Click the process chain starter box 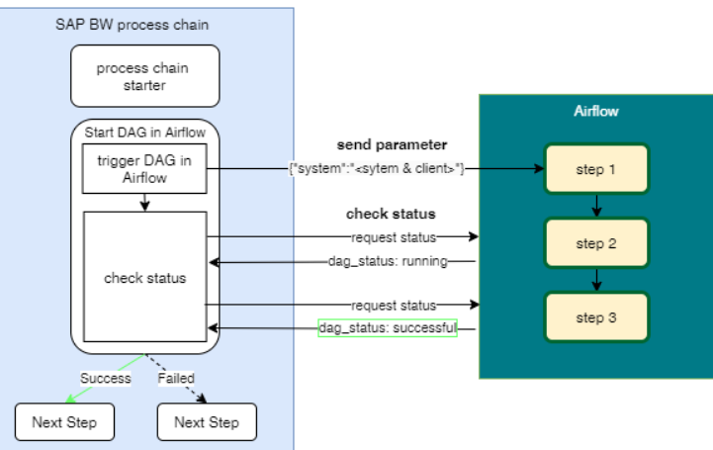point(144,76)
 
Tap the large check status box point(144,278)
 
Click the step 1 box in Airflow point(595,169)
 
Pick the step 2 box point(595,243)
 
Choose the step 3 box point(595,316)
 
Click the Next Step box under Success point(64,422)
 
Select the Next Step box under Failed point(206,422)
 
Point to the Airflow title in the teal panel point(595,112)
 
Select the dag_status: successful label point(388,327)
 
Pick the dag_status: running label point(388,262)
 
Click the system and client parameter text point(376,169)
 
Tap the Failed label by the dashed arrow point(176,378)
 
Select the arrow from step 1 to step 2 point(595,206)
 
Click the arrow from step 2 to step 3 point(595,280)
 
